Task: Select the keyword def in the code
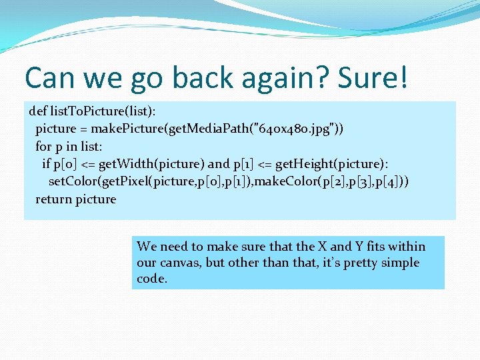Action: [x=39, y=110]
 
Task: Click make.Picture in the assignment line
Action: [x=125, y=128]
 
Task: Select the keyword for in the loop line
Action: [x=43, y=146]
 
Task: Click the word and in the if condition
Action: [x=218, y=163]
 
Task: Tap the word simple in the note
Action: [x=400, y=263]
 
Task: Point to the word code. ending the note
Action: [x=152, y=279]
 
